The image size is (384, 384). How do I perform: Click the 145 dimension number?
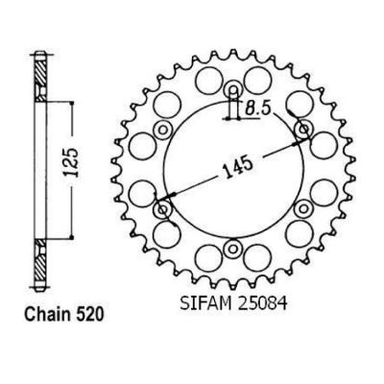(x=238, y=166)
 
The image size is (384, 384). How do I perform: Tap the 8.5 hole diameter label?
(x=257, y=109)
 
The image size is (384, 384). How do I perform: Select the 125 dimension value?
(x=71, y=162)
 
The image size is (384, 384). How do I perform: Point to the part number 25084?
(x=261, y=303)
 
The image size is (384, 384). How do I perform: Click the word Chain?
(x=48, y=315)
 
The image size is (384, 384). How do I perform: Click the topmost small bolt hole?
(x=232, y=89)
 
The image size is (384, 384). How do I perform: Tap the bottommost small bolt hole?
(x=232, y=249)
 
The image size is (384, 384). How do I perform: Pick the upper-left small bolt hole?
(x=163, y=130)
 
